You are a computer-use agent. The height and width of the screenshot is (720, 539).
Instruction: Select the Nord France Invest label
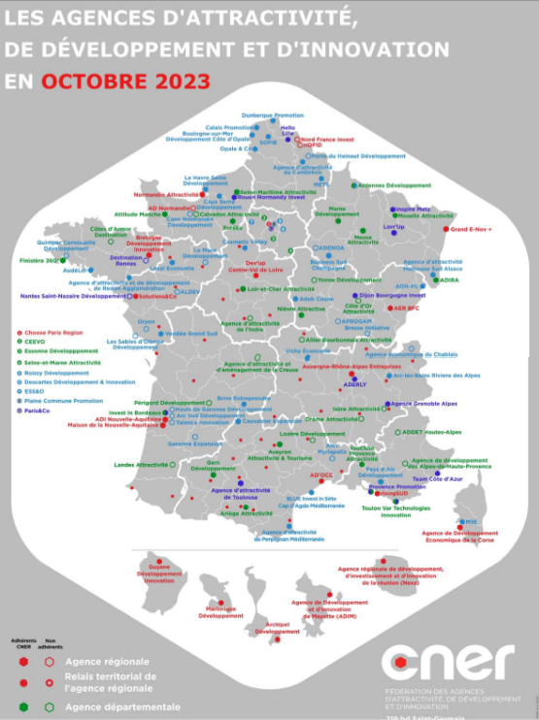[x=326, y=139]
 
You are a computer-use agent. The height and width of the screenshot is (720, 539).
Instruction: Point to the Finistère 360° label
[x=39, y=260]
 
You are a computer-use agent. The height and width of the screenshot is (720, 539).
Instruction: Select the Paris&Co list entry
[x=41, y=410]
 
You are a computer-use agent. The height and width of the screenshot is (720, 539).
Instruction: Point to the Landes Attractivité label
[x=141, y=465]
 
